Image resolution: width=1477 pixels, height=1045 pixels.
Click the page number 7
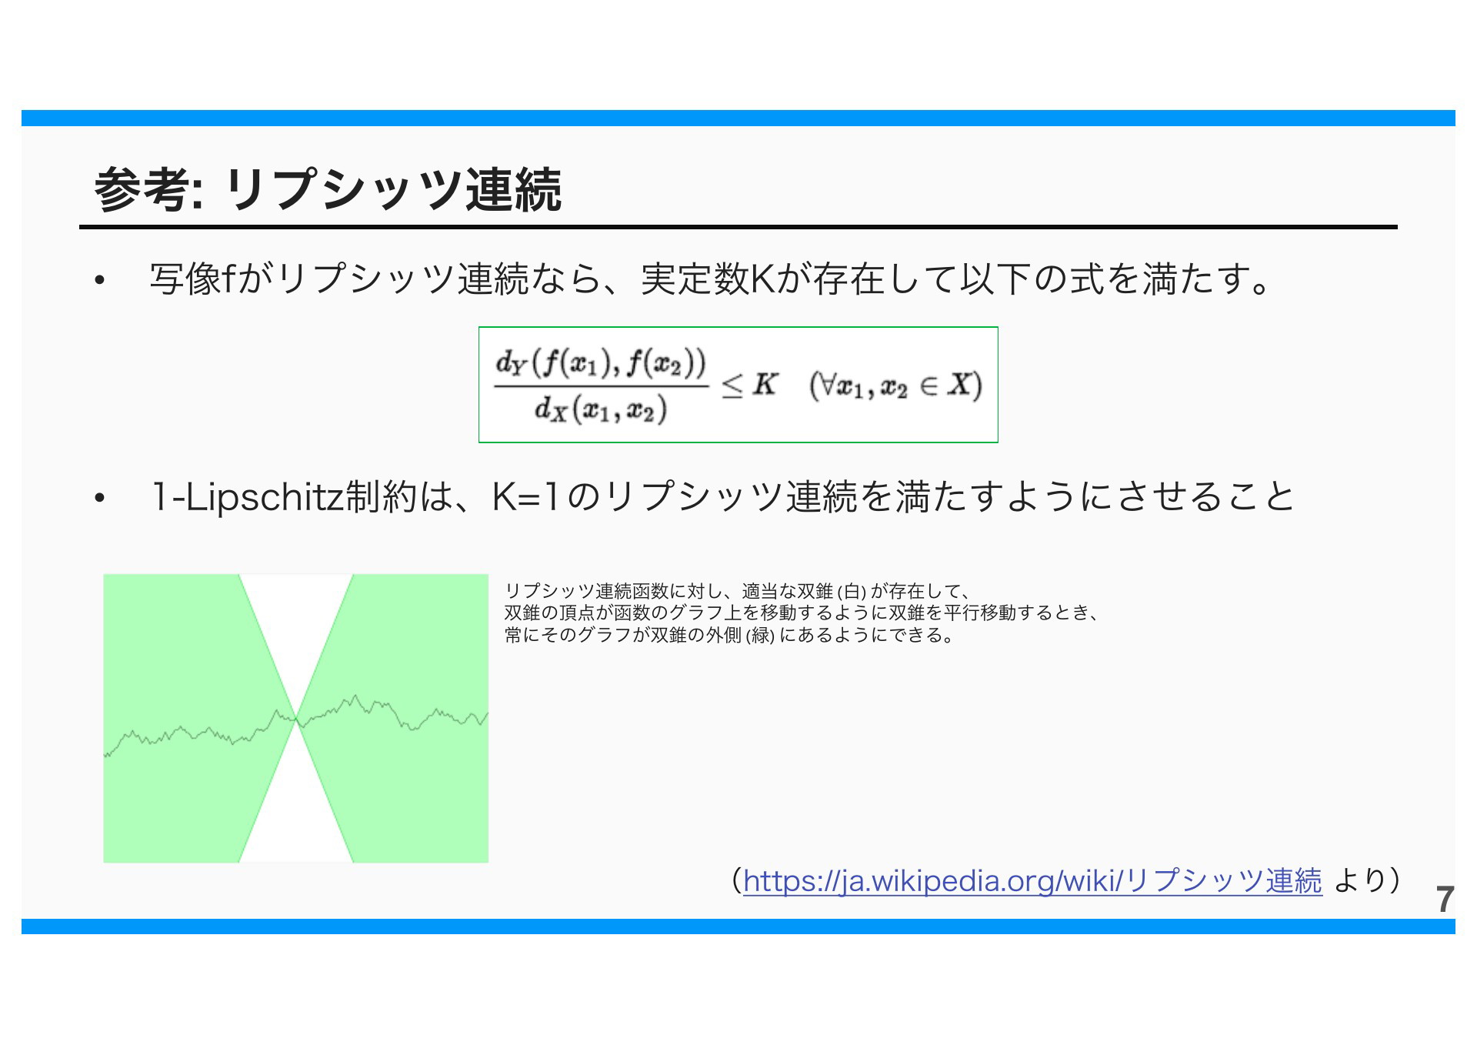1445,900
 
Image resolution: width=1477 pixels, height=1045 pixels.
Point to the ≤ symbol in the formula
732,386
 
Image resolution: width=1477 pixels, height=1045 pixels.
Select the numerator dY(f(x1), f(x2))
601,364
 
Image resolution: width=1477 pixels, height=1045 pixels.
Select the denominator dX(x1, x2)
600,409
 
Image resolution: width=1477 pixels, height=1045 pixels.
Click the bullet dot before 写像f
99,281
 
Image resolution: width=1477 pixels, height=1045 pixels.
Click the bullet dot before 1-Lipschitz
99,499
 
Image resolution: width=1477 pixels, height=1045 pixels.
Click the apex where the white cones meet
296,719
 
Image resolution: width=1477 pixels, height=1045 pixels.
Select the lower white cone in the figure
296,808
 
